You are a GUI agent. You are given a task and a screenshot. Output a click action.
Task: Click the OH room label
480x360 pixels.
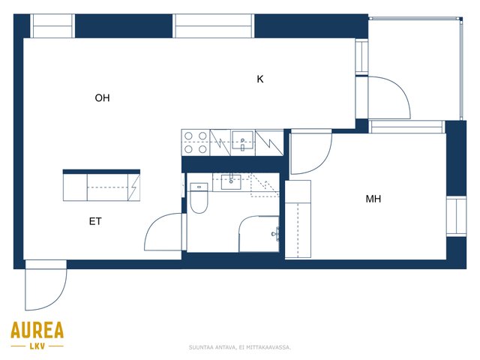[102, 98]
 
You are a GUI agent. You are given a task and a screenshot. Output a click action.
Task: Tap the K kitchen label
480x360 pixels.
[260, 79]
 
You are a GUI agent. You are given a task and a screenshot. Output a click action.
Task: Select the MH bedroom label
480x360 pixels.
[373, 199]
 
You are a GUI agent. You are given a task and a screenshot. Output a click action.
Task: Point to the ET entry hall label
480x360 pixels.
[95, 221]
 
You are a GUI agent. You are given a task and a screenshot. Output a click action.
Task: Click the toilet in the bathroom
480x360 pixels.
[199, 198]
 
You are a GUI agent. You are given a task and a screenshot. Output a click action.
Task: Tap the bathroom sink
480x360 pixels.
[231, 181]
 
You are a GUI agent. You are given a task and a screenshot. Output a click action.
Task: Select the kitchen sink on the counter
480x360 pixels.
[242, 140]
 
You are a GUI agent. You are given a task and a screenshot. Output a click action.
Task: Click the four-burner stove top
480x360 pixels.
[196, 142]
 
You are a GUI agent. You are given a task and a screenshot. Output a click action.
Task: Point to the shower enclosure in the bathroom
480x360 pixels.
[259, 234]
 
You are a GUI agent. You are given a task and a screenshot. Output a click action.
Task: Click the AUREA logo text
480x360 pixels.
[37, 330]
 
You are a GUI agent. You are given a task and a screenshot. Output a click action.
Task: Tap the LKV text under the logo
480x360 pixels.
[37, 346]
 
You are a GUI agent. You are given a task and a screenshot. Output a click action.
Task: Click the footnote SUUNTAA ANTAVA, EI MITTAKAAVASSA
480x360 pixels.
[240, 347]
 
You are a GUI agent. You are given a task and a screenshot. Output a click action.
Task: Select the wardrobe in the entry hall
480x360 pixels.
[101, 185]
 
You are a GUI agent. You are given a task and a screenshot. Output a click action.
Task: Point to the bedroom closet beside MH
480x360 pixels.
[298, 219]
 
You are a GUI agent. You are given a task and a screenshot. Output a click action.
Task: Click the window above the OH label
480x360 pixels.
[52, 26]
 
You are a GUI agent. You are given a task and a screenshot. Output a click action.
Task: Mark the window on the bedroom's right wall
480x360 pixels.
[456, 216]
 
